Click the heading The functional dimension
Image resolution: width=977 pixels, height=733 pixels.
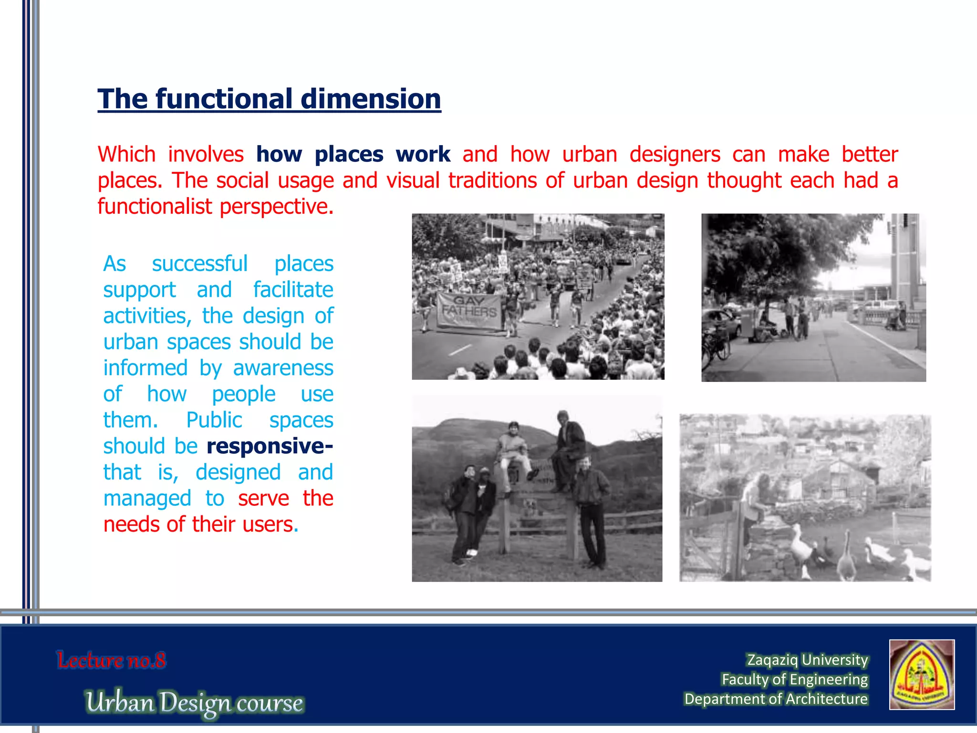(x=269, y=99)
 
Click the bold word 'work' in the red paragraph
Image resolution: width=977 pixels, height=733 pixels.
(x=423, y=155)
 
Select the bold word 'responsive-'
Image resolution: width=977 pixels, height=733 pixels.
(x=270, y=446)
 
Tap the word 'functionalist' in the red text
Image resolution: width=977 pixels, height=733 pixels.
(x=155, y=207)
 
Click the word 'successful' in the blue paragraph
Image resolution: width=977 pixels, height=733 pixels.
(x=199, y=264)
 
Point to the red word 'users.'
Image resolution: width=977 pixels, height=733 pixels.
(x=270, y=524)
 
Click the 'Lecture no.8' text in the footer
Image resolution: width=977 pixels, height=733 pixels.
(x=111, y=660)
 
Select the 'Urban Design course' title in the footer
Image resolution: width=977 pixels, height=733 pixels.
(x=194, y=702)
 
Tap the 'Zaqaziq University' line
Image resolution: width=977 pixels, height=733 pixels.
(x=807, y=660)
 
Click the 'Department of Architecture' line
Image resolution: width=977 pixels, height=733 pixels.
(x=776, y=699)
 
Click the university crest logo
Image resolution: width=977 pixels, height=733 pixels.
(x=922, y=674)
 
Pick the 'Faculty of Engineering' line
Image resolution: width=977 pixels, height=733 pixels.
(x=794, y=679)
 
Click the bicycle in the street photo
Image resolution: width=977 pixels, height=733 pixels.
(x=716, y=345)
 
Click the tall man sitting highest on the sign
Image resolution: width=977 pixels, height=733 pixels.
(x=569, y=444)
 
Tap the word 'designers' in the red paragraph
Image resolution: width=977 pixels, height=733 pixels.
(x=675, y=155)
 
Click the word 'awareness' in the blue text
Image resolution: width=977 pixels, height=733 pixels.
(x=283, y=368)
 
